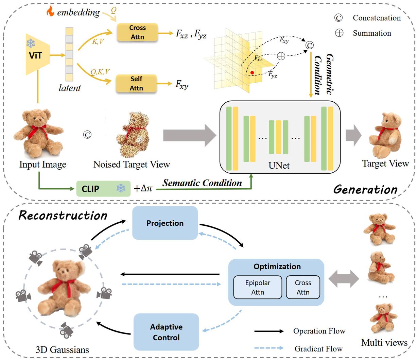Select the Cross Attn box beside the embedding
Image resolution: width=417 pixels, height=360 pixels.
coord(137,32)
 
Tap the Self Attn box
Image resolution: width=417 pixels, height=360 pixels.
coord(136,83)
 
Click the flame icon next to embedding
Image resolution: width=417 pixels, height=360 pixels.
coord(50,12)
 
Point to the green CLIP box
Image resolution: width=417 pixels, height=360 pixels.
coord(103,189)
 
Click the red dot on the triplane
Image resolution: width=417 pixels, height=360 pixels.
coord(252,72)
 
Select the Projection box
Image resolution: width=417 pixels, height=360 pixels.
coord(165,223)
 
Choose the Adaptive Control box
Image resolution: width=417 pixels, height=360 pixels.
coord(166,332)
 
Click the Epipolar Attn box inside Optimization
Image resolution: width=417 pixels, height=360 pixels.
coord(258,287)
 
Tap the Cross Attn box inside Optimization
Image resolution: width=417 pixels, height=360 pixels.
coord(303,287)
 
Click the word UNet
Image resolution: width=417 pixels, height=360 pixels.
coord(279,166)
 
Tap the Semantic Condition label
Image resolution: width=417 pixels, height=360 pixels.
coord(202,183)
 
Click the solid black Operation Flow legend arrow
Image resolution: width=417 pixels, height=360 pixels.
coord(269,331)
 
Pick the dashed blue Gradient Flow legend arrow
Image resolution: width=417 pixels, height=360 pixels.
coord(269,348)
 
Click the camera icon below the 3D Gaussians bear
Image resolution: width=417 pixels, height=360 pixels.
coord(67,329)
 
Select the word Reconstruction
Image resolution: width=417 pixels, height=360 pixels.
coord(63,215)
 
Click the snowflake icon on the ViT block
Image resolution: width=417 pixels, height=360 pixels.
coord(31,43)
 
